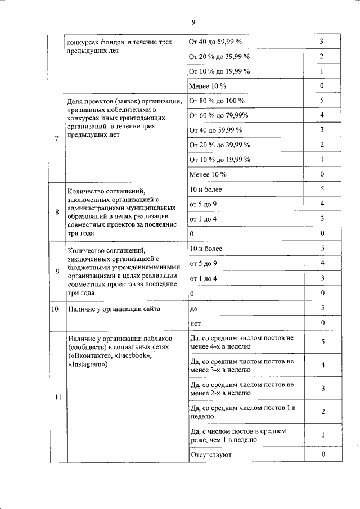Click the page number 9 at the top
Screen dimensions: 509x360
(193, 22)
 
